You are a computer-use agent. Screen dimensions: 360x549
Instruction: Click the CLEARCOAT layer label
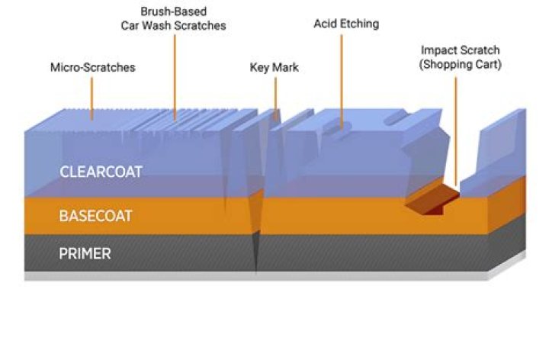101,172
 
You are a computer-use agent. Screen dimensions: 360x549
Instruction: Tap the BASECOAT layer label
95,216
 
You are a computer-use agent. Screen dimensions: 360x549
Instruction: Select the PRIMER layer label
85,254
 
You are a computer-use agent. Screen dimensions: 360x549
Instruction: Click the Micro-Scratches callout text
92,67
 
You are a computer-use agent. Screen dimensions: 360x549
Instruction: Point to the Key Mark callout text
274,67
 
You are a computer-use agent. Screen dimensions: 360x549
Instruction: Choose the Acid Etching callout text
346,24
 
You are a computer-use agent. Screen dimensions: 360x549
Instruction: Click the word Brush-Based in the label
173,12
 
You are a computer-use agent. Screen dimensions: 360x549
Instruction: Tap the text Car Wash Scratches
173,26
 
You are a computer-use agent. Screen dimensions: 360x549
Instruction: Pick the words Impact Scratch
461,50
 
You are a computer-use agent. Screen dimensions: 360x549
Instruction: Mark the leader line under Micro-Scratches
92,98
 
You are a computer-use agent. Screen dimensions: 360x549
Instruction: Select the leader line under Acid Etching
341,76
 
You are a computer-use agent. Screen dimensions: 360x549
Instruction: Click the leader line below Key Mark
275,95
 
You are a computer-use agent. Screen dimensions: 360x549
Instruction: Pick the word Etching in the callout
361,24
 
